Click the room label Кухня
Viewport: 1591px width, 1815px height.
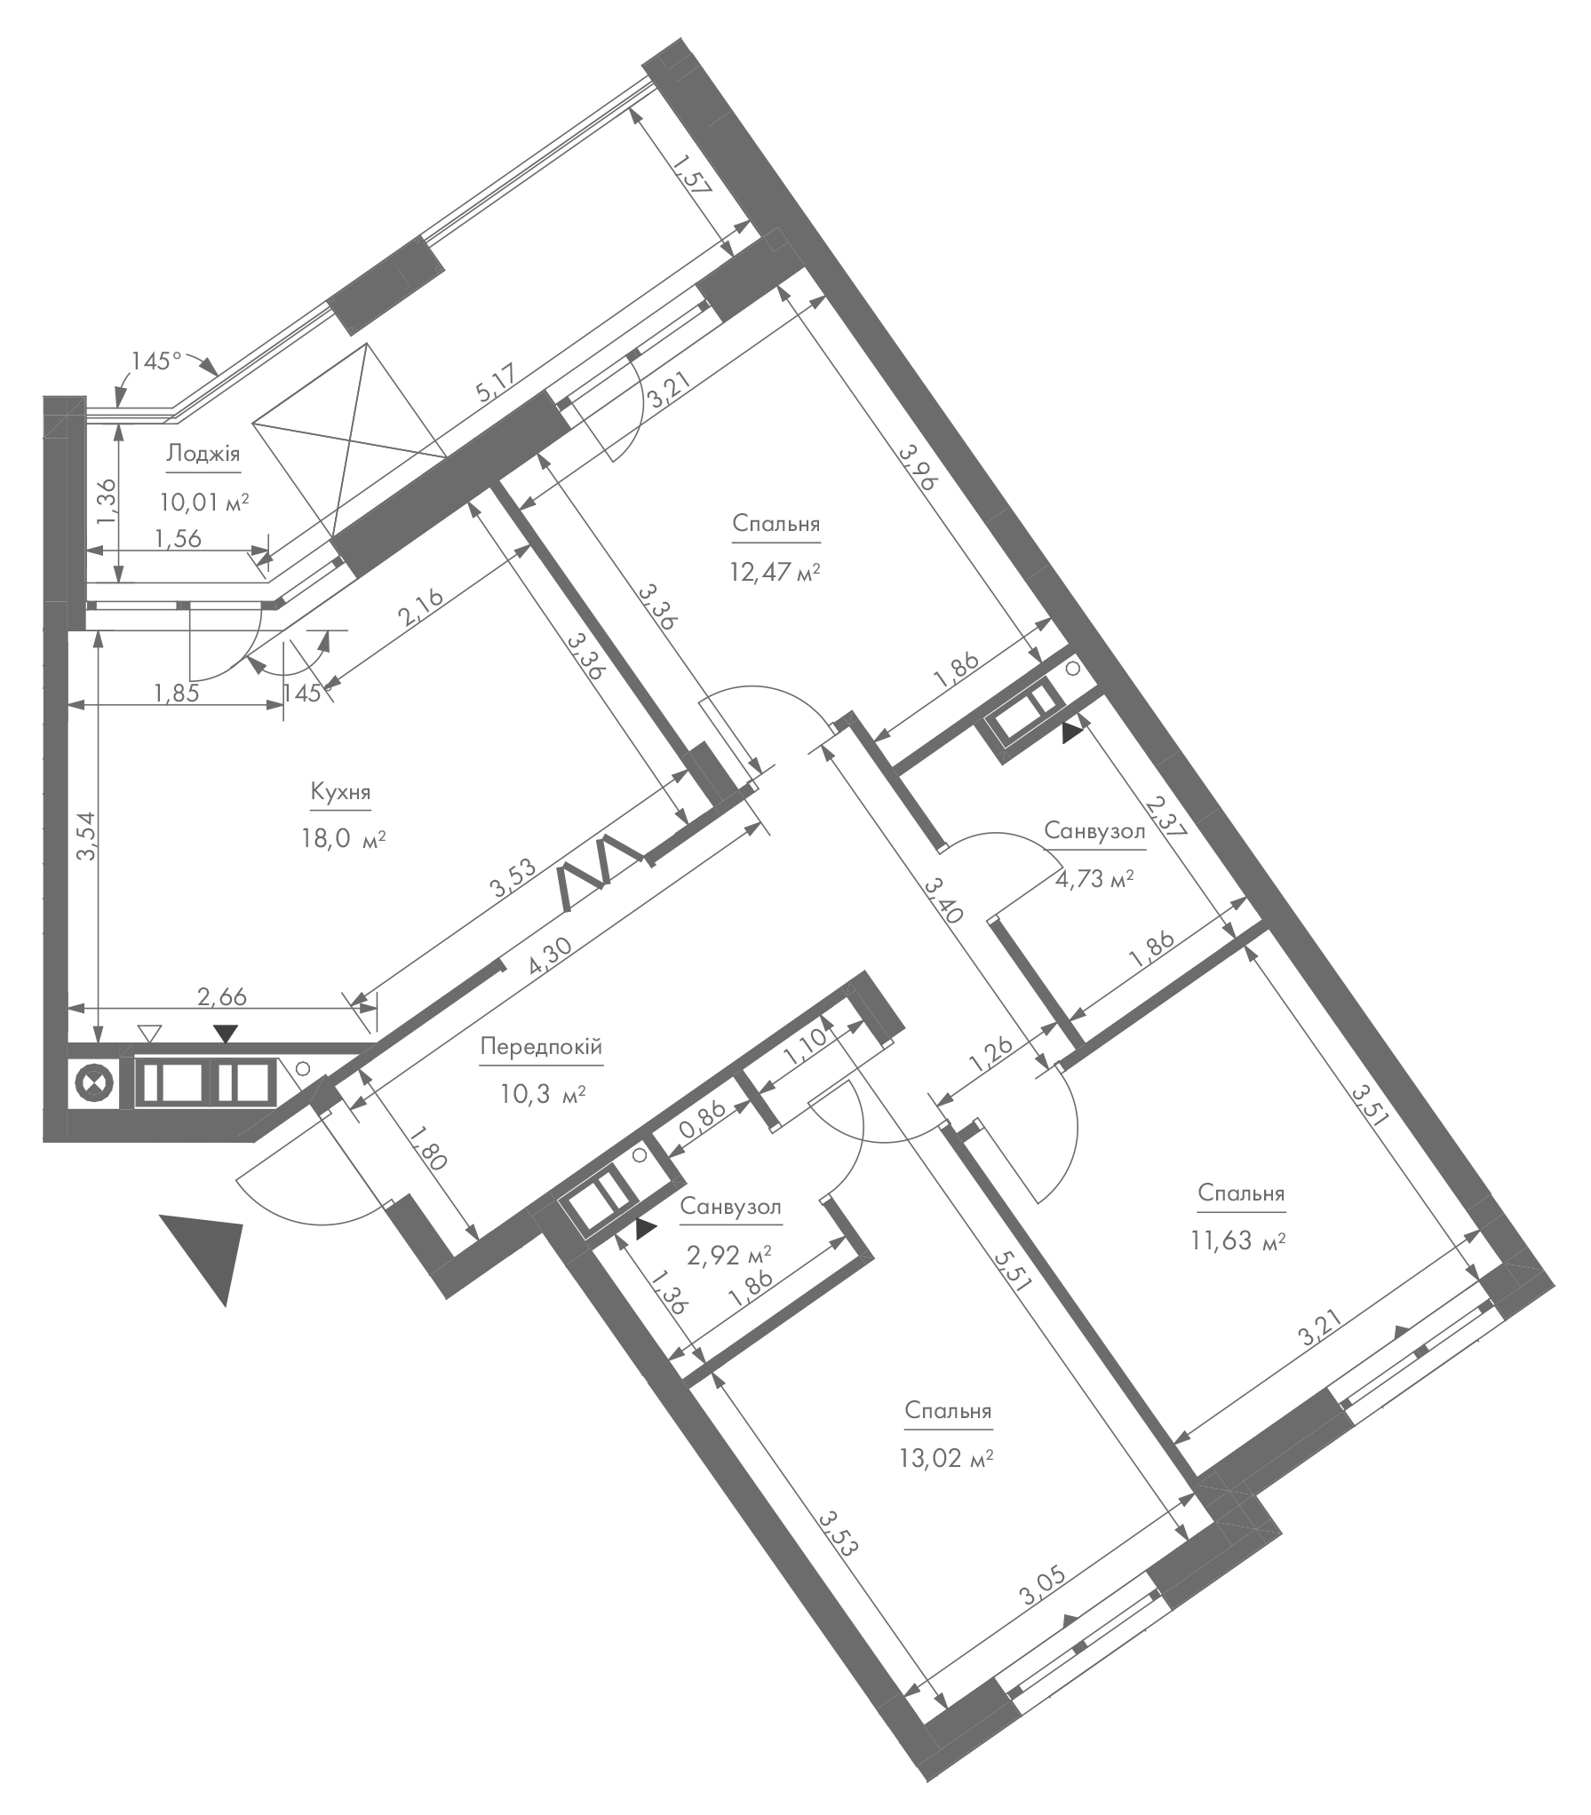(x=340, y=792)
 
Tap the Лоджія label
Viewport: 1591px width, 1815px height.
(x=203, y=455)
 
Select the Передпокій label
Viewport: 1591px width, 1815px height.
(x=541, y=1048)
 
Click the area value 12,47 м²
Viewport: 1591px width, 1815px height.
(x=775, y=571)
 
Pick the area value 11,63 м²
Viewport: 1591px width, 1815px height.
(x=1239, y=1240)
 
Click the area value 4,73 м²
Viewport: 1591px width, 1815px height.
(x=1094, y=879)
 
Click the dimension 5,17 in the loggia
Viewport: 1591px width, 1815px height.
(x=497, y=386)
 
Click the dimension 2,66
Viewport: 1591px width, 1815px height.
(x=222, y=996)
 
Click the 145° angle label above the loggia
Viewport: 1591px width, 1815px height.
(x=156, y=361)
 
